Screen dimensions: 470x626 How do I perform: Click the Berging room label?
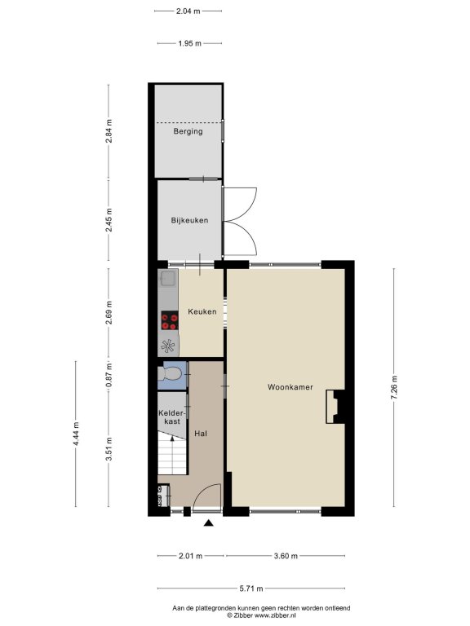pyautogui.click(x=188, y=131)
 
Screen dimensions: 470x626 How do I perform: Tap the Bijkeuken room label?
pyautogui.click(x=189, y=220)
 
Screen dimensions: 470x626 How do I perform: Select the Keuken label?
pyautogui.click(x=202, y=311)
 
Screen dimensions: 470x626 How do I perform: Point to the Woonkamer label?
pyautogui.click(x=290, y=387)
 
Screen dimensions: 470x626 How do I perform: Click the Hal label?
pyautogui.click(x=201, y=433)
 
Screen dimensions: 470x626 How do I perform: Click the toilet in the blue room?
pyautogui.click(x=170, y=374)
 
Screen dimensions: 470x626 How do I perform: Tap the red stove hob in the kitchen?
pyautogui.click(x=170, y=321)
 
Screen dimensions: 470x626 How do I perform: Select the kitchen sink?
pyautogui.click(x=168, y=278)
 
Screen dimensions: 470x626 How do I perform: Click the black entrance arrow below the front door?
pyautogui.click(x=208, y=522)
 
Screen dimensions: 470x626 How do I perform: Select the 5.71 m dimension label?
pyautogui.click(x=251, y=588)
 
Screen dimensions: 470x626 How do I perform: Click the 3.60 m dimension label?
pyautogui.click(x=286, y=556)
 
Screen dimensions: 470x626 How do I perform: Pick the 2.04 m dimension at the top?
pyautogui.click(x=188, y=11)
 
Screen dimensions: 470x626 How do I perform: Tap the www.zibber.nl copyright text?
pyautogui.click(x=261, y=615)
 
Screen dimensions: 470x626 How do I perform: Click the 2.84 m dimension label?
pyautogui.click(x=109, y=131)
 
